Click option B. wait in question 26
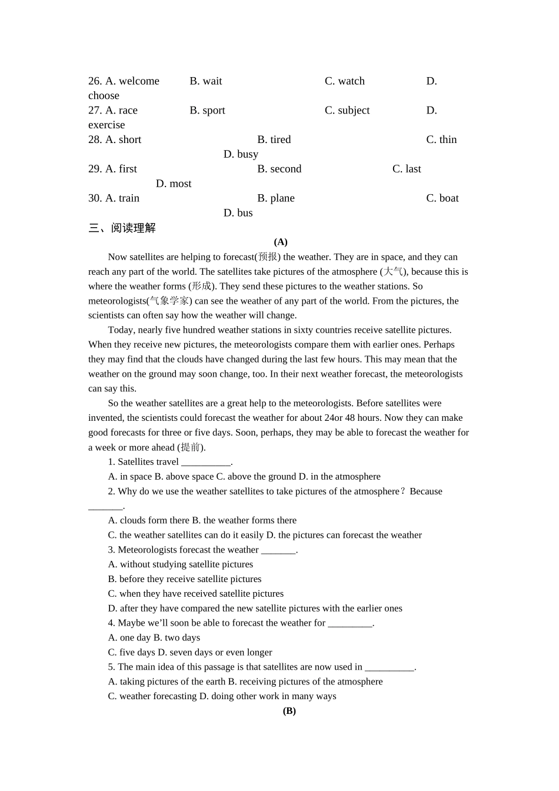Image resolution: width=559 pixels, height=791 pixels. point(205,81)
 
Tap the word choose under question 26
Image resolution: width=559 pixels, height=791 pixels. point(104,96)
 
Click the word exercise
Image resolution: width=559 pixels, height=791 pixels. point(107,125)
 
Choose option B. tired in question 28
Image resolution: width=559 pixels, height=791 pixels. point(274,140)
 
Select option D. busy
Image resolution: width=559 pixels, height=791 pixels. point(241,154)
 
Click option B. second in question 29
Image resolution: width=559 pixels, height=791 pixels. point(279,169)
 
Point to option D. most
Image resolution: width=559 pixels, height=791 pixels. point(174,184)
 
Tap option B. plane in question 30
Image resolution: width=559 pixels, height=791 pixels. point(275,198)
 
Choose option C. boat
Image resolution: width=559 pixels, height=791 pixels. point(442,198)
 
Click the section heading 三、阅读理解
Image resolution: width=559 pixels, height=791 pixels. point(122,228)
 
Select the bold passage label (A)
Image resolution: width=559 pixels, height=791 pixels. point(281,242)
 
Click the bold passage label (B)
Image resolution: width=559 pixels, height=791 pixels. point(289,711)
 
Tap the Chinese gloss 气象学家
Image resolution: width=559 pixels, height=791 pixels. point(169,301)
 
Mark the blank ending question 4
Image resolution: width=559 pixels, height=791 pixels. point(350,623)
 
